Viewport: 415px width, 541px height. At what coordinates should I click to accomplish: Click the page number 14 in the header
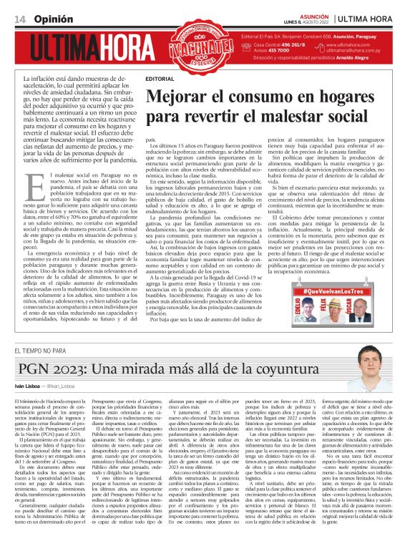[x=19, y=17]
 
